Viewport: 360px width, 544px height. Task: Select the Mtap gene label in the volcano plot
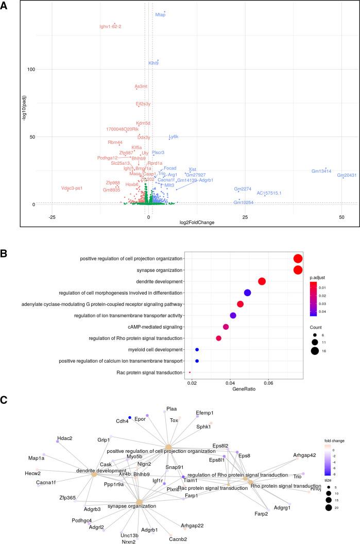click(x=160, y=15)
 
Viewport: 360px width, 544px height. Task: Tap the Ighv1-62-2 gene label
click(x=110, y=26)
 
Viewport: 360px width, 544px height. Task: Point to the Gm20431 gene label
click(x=347, y=175)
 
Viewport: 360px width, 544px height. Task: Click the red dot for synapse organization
click(x=298, y=270)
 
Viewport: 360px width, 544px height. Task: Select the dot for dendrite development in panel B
click(x=262, y=281)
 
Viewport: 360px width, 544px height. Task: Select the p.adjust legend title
click(x=318, y=277)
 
